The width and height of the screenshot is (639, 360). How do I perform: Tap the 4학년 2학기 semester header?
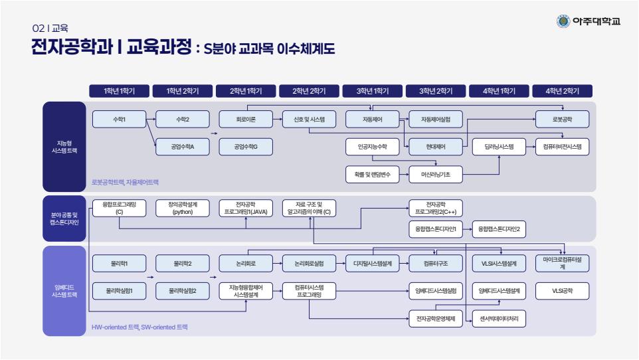pyautogui.click(x=562, y=91)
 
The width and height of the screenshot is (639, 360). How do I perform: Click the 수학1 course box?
pyautogui.click(x=119, y=120)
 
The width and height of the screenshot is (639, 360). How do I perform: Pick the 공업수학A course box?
pyautogui.click(x=182, y=147)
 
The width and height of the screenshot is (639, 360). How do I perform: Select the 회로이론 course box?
pyautogui.click(x=246, y=120)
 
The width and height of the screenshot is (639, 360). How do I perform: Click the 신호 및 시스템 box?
pyautogui.click(x=309, y=120)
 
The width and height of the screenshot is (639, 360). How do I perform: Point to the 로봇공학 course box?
pyautogui.click(x=562, y=120)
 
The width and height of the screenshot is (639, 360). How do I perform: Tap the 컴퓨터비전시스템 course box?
pyautogui.click(x=562, y=147)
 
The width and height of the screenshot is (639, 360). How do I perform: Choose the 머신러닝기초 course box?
pyautogui.click(x=435, y=174)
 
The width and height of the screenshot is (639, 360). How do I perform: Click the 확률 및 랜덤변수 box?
pyautogui.click(x=372, y=174)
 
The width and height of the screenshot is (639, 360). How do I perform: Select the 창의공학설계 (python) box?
pyautogui.click(x=182, y=208)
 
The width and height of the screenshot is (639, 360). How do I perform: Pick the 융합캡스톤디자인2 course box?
pyautogui.click(x=498, y=230)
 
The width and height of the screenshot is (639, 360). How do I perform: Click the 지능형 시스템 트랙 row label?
pyautogui.click(x=64, y=147)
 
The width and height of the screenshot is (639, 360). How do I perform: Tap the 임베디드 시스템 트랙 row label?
pyautogui.click(x=64, y=291)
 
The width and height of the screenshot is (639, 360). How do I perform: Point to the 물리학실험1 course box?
pyautogui.click(x=119, y=290)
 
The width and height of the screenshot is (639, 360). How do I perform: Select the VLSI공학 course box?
pyautogui.click(x=562, y=290)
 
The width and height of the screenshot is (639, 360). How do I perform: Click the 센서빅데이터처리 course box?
pyautogui.click(x=498, y=319)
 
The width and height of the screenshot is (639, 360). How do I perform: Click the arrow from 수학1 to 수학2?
pyautogui.click(x=150, y=120)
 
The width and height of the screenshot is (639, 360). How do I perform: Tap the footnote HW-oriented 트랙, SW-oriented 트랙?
pyautogui.click(x=140, y=327)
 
